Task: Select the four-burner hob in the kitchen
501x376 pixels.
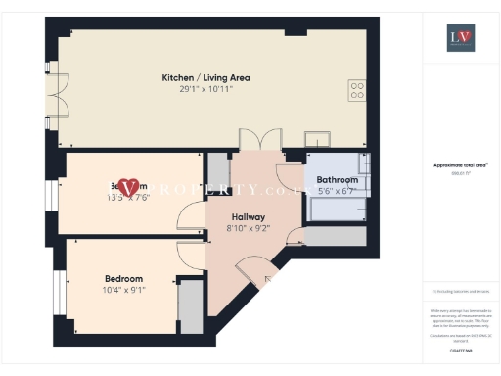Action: [x=357, y=90]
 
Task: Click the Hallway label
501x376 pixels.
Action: [x=249, y=216]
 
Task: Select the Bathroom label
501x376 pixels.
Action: [x=337, y=180]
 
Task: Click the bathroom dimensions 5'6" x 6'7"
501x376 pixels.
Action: [x=337, y=192]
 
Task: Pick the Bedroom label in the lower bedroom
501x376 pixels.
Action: [x=123, y=279]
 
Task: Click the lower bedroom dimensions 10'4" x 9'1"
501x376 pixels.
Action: [x=123, y=291]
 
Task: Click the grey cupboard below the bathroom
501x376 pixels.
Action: [x=335, y=235]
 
